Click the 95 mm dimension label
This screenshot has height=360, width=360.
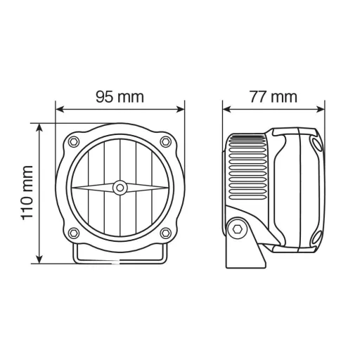(x=120, y=97)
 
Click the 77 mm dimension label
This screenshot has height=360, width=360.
(x=274, y=97)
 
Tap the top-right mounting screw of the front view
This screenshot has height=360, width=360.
(x=165, y=143)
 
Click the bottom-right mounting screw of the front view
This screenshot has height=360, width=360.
(x=165, y=233)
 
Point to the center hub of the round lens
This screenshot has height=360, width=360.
(x=120, y=187)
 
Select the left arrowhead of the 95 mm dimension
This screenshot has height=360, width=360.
(x=60, y=110)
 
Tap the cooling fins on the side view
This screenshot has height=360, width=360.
(x=247, y=169)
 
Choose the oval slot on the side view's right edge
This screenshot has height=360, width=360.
(x=316, y=146)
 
